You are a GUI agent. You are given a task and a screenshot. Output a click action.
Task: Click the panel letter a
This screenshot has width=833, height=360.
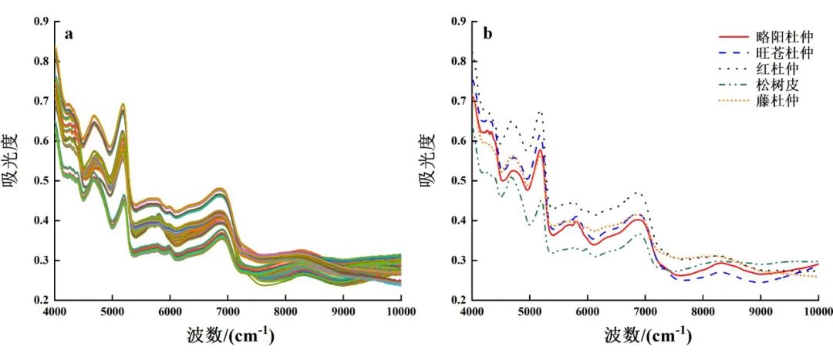tap(69, 34)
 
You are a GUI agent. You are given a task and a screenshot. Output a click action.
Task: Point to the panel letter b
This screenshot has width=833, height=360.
tap(487, 34)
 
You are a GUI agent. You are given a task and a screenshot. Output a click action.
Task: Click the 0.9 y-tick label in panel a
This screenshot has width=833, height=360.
tap(41, 22)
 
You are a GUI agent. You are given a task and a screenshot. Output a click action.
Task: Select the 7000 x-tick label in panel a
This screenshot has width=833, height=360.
tap(228, 311)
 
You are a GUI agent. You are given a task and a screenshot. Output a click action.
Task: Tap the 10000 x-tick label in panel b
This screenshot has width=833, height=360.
tap(817, 311)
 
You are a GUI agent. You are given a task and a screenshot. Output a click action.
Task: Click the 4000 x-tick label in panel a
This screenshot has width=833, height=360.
tap(55, 311)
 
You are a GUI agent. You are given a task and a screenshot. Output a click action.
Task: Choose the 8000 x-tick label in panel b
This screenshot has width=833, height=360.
tap(703, 311)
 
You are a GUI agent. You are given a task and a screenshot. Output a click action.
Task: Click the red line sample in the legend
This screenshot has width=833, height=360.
tap(734, 36)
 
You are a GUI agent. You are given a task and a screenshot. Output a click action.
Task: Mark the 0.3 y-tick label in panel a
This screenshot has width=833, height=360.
tap(41, 261)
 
